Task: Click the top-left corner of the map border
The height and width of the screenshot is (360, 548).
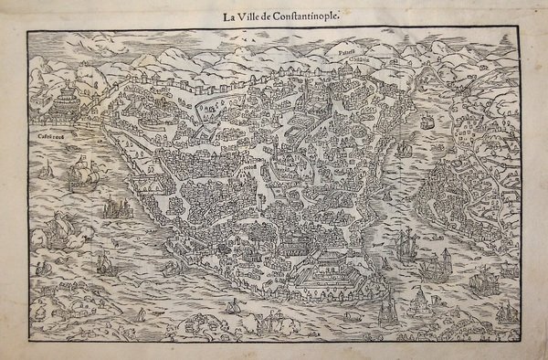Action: (27, 30)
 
